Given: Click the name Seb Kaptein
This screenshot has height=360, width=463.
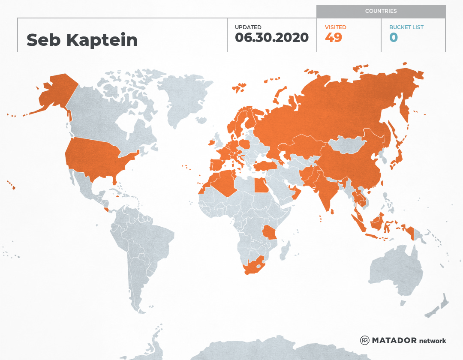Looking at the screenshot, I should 82,40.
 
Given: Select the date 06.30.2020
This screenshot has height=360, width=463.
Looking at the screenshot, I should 272,38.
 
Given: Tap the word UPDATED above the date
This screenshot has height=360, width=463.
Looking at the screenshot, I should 248,27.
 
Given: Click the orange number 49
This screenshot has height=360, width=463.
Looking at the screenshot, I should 334,38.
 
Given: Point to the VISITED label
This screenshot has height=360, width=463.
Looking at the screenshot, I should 335,27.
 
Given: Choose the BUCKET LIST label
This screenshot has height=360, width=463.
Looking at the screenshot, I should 406,27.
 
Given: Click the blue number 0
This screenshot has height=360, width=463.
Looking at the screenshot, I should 394,38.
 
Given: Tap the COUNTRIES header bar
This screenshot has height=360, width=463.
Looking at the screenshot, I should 381,11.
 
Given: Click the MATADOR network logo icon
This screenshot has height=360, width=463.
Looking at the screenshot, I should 365,341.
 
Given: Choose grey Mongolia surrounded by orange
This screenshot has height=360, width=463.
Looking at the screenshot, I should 349,144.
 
